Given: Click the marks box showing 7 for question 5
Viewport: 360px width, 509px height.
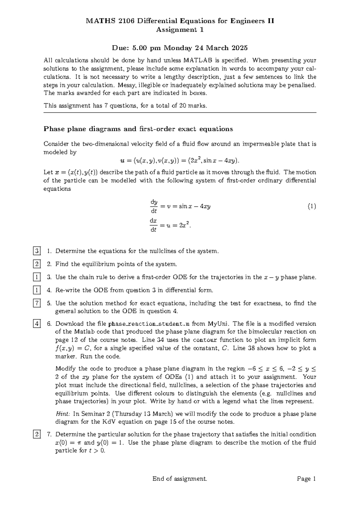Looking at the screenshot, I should [37, 303].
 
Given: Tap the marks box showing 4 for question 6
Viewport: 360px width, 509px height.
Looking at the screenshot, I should [37, 324].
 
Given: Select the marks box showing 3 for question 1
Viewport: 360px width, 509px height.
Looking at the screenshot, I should [37, 251].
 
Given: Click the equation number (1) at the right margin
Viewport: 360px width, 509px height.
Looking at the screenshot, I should [312, 206].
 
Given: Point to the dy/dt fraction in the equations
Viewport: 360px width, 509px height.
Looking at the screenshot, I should [154, 207].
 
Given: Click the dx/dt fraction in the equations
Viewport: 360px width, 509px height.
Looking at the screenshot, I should [153, 225].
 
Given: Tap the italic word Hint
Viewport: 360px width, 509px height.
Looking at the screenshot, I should [63, 414].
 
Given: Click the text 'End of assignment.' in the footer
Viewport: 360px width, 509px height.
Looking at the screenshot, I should [180, 479].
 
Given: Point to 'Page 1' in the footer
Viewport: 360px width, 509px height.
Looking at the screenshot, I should [306, 479].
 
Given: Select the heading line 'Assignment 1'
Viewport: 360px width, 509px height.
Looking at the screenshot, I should [180, 30].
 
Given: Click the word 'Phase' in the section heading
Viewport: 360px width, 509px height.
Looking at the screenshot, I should [53, 129].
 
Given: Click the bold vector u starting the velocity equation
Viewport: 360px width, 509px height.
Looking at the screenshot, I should [122, 161].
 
